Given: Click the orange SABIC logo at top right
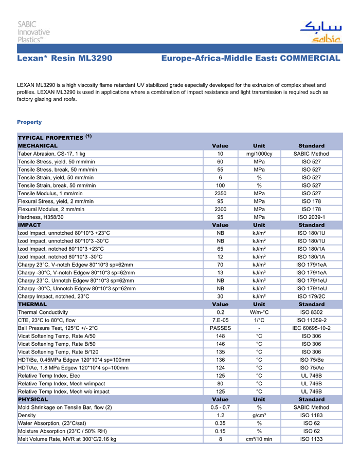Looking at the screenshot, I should (320, 32).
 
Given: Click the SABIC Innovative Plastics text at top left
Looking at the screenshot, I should (34, 32).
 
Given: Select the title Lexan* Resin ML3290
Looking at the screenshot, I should (64, 58).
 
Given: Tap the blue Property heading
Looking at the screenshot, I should (29, 122).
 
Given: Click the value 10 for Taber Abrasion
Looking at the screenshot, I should (220, 154).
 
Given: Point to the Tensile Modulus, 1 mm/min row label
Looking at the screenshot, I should (49, 194).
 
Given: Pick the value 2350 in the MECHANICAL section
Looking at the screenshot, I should (220, 194).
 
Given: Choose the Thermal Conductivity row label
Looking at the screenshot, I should (43, 312).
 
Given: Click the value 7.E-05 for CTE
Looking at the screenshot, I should (220, 320).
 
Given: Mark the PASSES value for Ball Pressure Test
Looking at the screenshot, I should (220, 328).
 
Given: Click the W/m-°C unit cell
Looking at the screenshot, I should (259, 312).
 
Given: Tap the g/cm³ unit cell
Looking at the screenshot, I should (259, 415).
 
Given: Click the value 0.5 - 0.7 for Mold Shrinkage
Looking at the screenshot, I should (220, 407).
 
